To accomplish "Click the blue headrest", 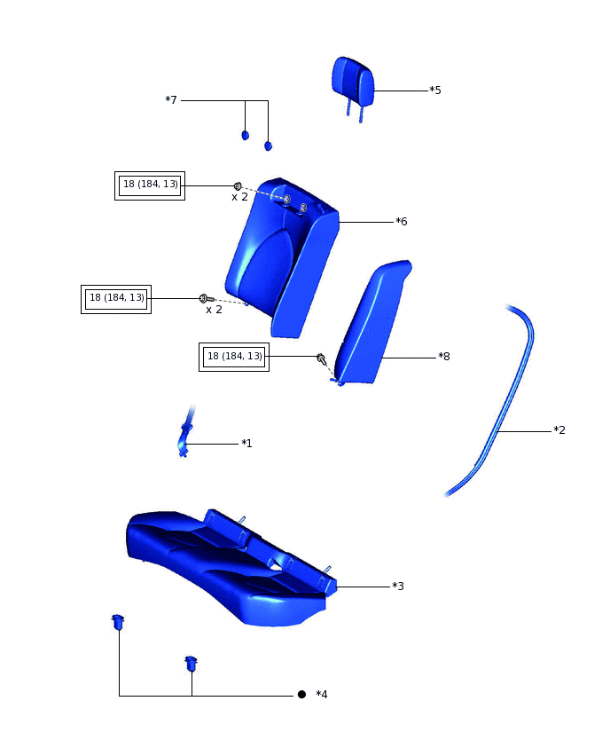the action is (353, 83).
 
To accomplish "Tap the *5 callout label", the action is (435, 91).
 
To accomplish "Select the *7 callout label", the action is (171, 99).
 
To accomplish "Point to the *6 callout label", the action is (402, 221).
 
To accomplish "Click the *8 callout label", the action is (444, 357).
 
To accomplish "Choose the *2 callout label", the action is (559, 429).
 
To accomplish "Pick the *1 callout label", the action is (246, 443).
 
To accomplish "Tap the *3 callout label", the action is (398, 586).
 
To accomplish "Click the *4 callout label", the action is (321, 694).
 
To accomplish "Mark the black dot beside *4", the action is (301, 694).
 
